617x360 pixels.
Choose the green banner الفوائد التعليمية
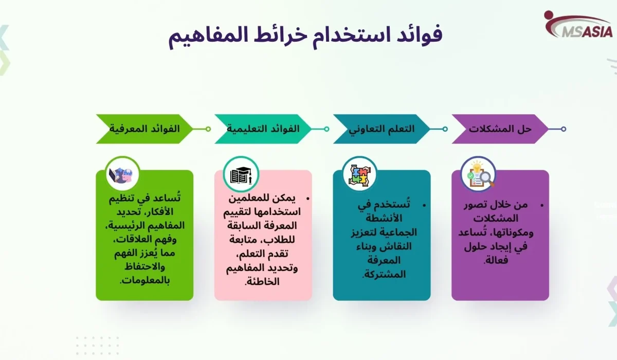point(263,129)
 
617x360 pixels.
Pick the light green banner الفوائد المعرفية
point(144,129)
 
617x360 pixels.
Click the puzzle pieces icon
point(359,174)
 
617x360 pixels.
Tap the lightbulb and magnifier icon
point(478,174)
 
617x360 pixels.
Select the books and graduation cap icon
point(241,174)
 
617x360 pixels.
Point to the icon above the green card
point(122,174)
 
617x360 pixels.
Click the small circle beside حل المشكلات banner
point(564,129)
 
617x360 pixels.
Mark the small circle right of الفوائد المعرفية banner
point(208,129)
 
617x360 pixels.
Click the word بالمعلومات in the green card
point(144,281)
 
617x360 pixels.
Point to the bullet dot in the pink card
point(307,198)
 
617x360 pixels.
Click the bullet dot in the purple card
point(542,205)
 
